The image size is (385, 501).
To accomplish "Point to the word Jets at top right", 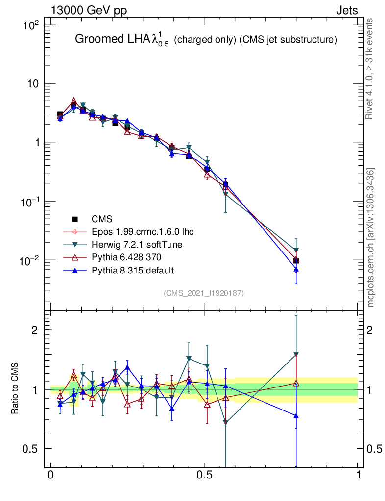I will point(347,10).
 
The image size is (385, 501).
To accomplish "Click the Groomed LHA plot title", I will point(206,41).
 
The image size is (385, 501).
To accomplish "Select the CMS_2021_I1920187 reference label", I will point(204,293).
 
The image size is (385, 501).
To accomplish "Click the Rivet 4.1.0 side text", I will point(370,69).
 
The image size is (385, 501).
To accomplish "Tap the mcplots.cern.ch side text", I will point(371,238).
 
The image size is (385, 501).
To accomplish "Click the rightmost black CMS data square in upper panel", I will point(296,260).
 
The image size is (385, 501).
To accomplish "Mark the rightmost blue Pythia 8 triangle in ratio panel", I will point(296,416).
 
